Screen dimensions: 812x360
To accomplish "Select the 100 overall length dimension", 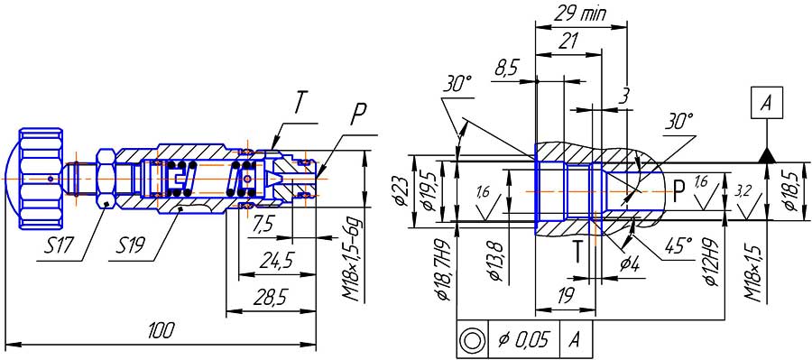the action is (161, 329).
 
